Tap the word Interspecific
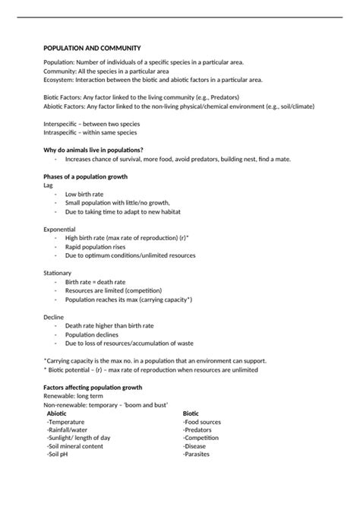click(63, 123)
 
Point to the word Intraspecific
click(63, 132)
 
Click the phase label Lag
click(49, 185)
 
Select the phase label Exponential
click(60, 229)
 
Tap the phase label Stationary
click(58, 272)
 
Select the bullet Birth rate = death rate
click(95, 281)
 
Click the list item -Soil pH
click(61, 455)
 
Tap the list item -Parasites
click(197, 455)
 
